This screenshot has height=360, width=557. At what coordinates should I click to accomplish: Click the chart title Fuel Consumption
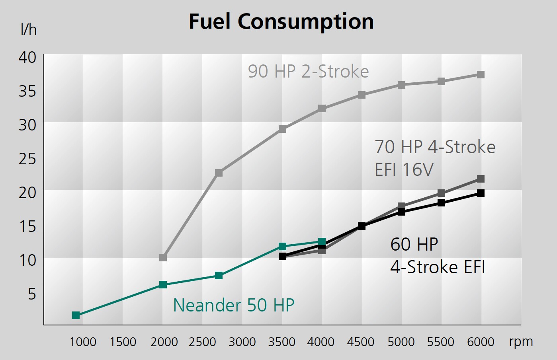281,21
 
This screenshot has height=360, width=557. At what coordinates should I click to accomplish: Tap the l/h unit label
28,30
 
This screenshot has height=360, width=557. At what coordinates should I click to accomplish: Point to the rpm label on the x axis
520,342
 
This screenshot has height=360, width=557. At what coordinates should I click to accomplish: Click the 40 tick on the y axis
27,57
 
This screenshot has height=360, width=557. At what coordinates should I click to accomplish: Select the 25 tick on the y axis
27,159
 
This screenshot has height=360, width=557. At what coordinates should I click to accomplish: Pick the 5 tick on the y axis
32,294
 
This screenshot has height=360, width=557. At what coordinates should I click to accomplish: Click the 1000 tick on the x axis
83,342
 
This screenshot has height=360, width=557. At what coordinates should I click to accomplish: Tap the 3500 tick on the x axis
282,342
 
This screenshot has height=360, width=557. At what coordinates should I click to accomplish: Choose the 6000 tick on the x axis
481,342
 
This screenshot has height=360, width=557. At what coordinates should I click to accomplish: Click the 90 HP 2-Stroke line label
308,72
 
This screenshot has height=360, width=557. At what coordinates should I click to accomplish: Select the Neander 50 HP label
233,306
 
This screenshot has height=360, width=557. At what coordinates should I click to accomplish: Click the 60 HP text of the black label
414,244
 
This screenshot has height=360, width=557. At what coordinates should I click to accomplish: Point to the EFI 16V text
404,170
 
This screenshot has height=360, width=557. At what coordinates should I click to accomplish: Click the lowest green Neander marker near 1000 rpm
76,315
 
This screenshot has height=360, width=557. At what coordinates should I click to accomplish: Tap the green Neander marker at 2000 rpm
163,285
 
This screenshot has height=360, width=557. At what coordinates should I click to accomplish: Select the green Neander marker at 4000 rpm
322,242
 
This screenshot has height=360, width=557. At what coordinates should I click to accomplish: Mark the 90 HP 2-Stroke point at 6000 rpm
481,75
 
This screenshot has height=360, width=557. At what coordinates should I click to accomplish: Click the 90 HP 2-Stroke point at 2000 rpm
163,258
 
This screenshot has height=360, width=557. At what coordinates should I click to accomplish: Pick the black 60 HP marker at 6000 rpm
481,193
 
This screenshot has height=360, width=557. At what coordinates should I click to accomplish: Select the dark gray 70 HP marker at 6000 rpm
481,179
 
